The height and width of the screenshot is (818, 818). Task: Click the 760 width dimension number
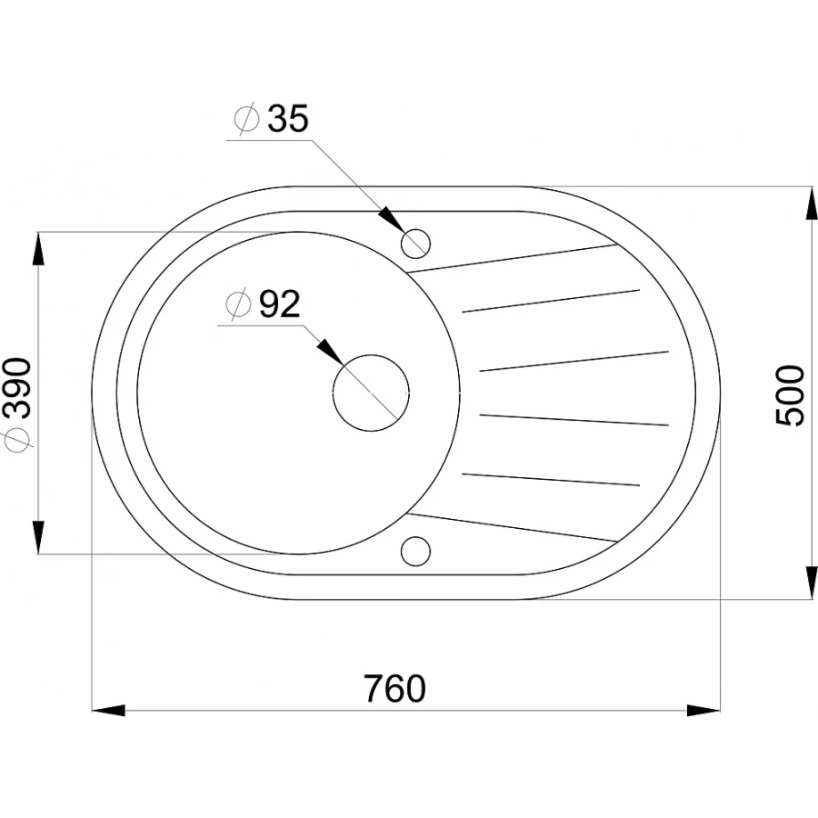(x=395, y=688)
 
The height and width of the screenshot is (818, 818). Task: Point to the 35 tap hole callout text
(x=287, y=119)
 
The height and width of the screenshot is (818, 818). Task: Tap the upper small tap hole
(x=416, y=241)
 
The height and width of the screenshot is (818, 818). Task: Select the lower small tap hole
(x=415, y=549)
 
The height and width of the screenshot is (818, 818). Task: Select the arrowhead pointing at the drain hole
(x=328, y=351)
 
